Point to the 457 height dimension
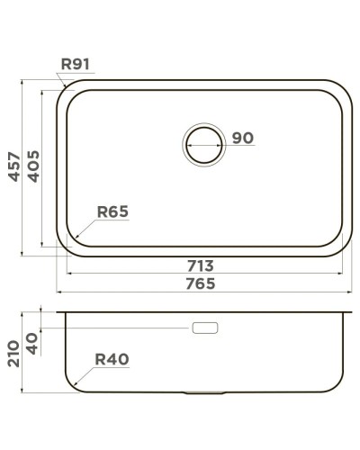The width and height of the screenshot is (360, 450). coord(13,166)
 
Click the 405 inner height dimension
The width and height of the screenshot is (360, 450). coord(32,166)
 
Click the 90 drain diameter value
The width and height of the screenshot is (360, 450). coord(243,139)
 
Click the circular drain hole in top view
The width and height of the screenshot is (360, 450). coord(203,144)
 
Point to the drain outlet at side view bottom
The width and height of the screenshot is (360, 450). coord(202,392)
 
